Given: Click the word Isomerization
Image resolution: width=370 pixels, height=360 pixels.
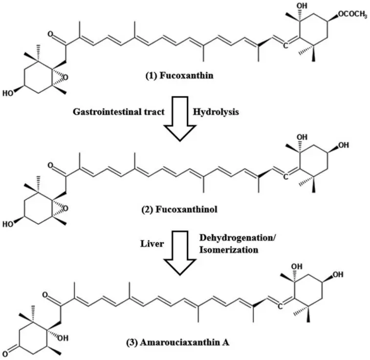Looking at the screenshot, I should (227, 249).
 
